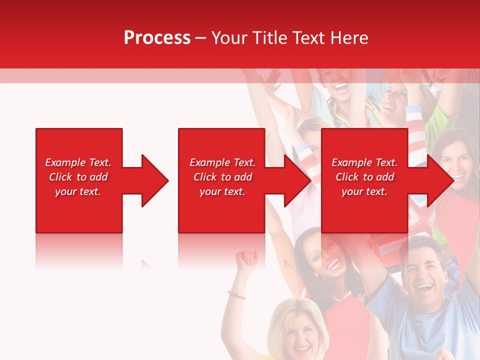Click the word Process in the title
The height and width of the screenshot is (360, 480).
coord(157,38)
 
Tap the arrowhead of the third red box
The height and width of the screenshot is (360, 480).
coord(439,180)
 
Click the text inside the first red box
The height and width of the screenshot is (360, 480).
coord(78,177)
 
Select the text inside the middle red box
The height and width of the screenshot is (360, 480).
coord(222,177)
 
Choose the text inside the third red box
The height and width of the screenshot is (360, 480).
coord(364,177)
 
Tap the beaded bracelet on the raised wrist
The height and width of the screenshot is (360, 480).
coord(236,294)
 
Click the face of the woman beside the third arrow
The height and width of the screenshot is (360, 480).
coord(456,164)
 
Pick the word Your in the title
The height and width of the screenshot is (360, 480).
coord(229,38)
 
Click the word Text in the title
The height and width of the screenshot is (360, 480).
coord(307,38)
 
